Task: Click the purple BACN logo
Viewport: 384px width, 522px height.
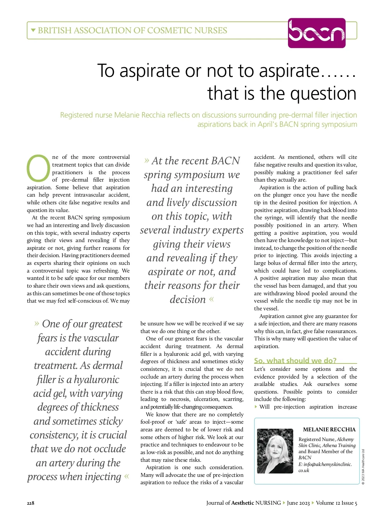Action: pos(316,33)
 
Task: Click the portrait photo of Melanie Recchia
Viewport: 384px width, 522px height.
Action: pos(275,451)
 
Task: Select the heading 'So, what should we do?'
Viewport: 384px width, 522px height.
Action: pos(295,361)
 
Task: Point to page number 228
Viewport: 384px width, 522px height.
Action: pos(30,503)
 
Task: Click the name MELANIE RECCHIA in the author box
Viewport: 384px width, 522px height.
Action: pos(329,429)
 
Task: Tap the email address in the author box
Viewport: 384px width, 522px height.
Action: pos(325,467)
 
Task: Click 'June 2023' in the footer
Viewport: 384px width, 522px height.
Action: pos(298,503)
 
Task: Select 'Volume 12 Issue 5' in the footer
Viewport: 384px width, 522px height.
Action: pos(336,503)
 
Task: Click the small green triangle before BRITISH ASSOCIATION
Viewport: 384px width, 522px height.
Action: pos(33,30)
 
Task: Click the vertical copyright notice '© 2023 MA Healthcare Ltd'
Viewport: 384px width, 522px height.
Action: pos(363,467)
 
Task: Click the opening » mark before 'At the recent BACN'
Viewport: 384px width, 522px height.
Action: pos(147,160)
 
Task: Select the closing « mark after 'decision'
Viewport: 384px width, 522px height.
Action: pos(211,299)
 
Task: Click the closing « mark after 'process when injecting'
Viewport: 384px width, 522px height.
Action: pos(127,476)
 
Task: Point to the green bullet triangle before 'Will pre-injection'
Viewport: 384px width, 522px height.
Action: pos(256,407)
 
